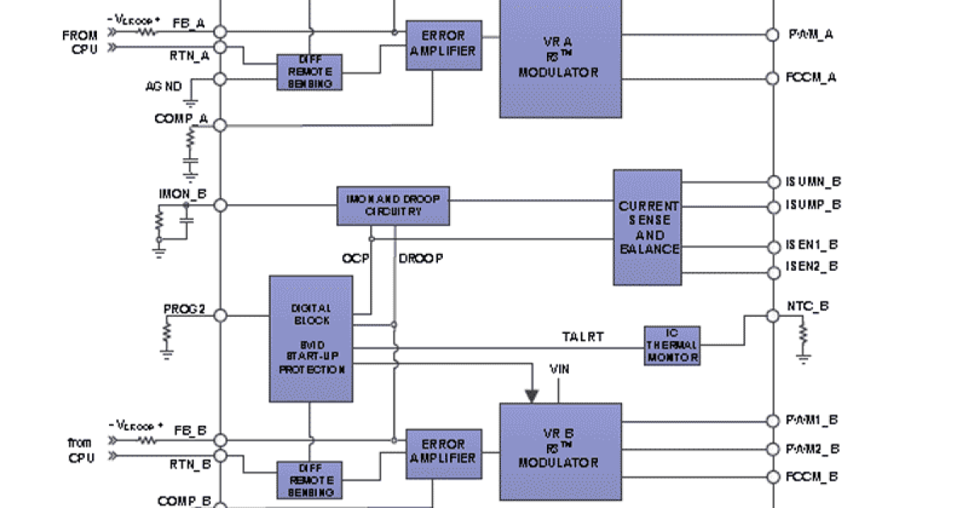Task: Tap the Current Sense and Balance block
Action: [648, 227]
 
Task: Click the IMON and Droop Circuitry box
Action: [393, 206]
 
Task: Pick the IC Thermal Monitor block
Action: [672, 345]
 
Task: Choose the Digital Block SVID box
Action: [311, 339]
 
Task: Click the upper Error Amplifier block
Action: [443, 43]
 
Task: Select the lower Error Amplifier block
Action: [443, 451]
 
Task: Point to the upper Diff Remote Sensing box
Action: [311, 72]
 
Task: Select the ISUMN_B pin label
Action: [813, 182]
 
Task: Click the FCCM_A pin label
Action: [812, 77]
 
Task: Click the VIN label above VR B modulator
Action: [560, 369]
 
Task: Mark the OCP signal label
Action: [355, 259]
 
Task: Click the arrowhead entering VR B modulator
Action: [532, 395]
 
